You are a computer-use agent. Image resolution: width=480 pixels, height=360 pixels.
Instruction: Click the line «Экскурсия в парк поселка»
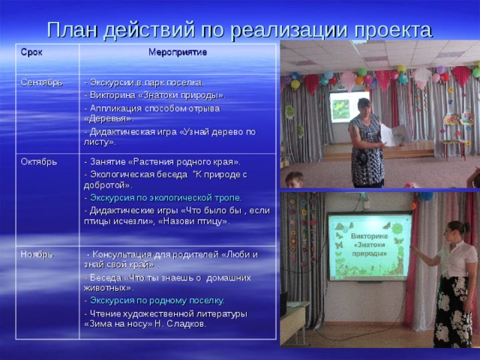(145, 82)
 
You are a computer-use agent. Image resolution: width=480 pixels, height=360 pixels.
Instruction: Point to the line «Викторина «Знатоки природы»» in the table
(157, 95)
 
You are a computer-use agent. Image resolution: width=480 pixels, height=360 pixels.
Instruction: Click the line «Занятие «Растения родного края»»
(164, 162)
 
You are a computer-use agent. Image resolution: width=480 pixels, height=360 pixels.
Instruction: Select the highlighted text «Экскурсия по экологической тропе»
(166, 197)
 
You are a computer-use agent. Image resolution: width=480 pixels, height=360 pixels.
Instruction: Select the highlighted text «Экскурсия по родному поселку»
(157, 301)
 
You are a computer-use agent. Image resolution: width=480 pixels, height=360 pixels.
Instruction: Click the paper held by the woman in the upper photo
(392, 135)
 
